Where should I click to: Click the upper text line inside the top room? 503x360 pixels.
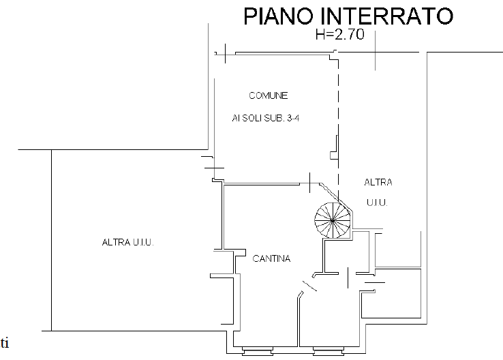264,95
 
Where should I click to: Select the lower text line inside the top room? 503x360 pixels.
266,119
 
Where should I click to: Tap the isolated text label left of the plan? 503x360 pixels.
128,241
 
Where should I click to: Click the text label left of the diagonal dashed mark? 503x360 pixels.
272,258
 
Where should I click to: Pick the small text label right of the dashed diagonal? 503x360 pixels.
379,183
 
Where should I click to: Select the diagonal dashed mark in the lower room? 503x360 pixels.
308,285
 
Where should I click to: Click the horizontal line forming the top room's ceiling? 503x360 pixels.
273,54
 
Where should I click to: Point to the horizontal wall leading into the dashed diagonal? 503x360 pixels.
273,182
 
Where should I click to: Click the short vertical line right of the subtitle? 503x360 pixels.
376,51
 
